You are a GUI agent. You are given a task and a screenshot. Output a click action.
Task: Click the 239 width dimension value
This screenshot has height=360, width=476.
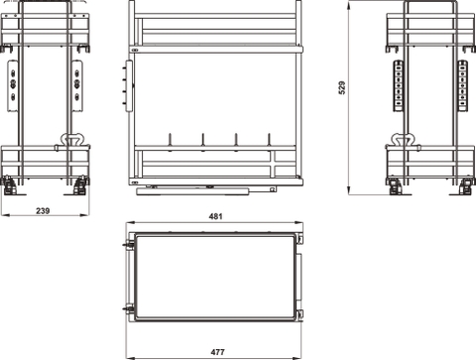click(44, 211)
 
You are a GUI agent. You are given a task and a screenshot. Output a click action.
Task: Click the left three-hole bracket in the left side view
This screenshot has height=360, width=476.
click(13, 83)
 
